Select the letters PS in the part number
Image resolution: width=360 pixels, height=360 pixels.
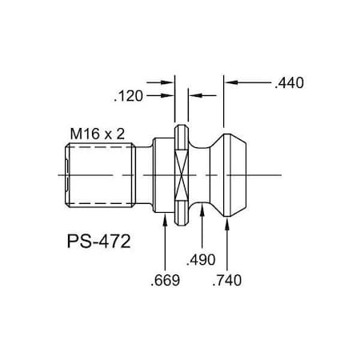pos(74,240)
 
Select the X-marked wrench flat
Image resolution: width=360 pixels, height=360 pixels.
pos(182,174)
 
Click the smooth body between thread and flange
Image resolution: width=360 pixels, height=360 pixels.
pos(152,174)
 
